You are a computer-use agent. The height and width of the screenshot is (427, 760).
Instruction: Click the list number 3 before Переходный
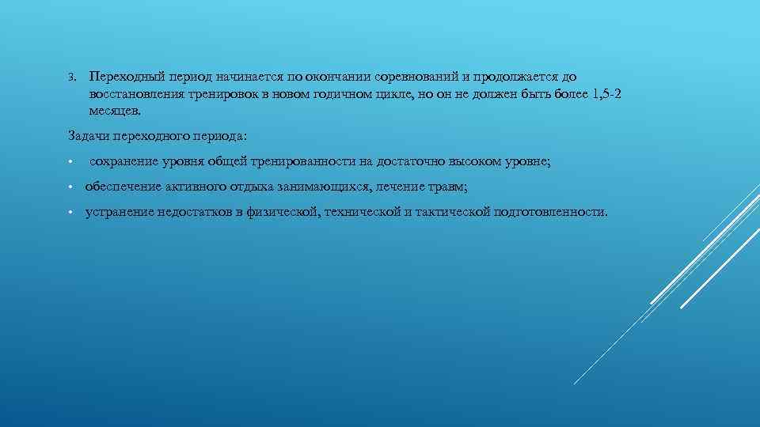[x=70, y=77]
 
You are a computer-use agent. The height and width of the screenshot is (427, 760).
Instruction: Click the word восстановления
[x=135, y=95]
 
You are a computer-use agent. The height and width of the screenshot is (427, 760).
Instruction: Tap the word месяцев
[x=115, y=112]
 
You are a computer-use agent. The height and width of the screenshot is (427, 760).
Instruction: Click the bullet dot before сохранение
[x=70, y=162]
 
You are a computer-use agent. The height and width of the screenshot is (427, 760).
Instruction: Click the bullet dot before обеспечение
[x=70, y=187]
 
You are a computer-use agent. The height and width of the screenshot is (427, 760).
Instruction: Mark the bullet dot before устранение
[x=70, y=213]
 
